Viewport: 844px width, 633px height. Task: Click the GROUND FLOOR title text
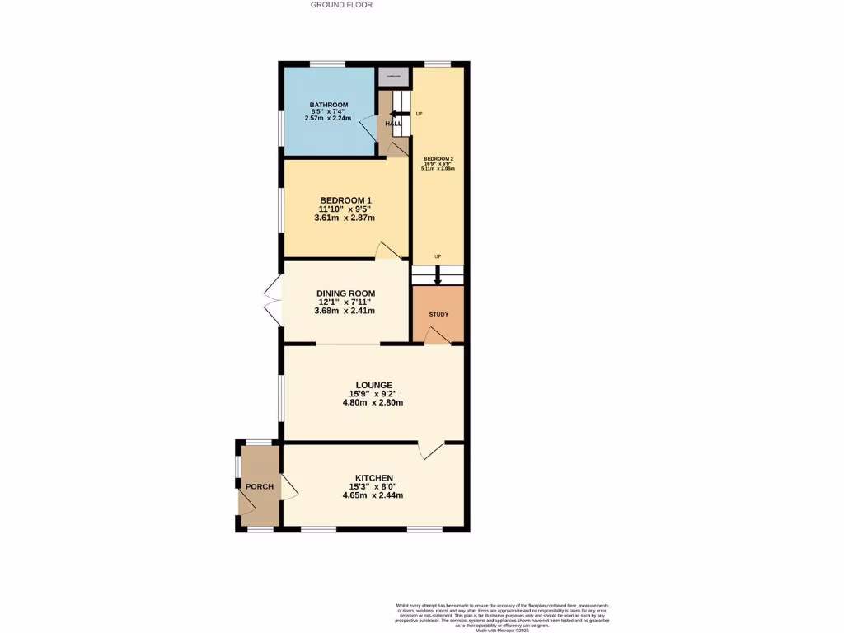pos(341,5)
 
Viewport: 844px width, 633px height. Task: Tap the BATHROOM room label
pos(329,105)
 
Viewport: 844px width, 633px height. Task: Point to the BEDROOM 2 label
pos(438,158)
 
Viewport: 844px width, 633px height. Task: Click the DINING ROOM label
pos(346,293)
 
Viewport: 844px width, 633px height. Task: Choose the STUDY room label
pos(438,315)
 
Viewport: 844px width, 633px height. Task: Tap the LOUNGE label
pos(373,385)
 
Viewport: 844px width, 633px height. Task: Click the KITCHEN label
pos(373,478)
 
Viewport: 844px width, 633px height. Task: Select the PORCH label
pos(260,487)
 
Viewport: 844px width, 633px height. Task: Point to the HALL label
pos(394,124)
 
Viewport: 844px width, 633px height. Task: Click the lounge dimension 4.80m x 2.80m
pos(373,403)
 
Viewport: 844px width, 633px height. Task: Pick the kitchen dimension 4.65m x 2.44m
pos(373,495)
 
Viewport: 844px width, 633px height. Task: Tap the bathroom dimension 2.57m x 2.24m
pos(329,119)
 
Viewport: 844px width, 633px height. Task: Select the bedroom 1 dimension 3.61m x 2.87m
pos(346,218)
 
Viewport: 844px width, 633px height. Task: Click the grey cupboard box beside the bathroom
pos(394,77)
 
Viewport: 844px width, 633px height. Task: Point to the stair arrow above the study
pos(438,278)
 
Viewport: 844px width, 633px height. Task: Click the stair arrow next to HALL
pos(397,114)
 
